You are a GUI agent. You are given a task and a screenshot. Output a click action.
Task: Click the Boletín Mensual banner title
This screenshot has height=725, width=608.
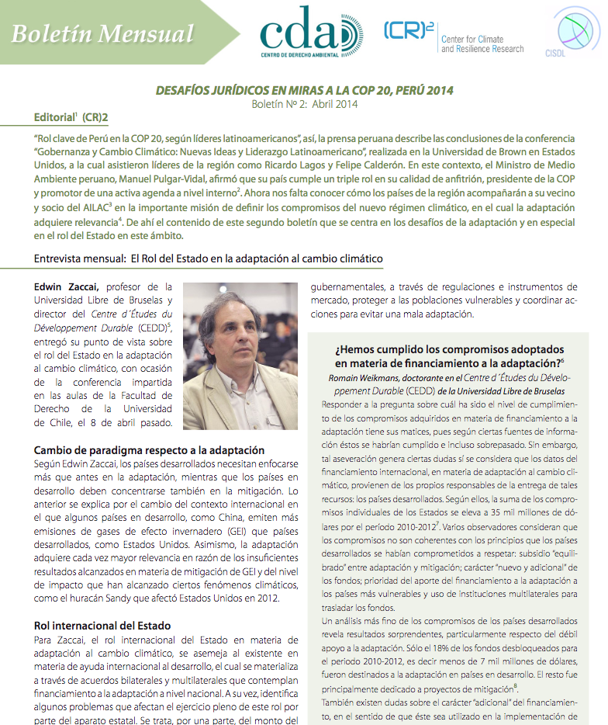102,33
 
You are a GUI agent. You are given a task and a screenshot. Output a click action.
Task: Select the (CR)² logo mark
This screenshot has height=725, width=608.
408,31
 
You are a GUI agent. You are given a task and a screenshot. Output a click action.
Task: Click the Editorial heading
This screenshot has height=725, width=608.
71,117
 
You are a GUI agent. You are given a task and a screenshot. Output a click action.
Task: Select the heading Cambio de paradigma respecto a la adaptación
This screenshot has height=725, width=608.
150,450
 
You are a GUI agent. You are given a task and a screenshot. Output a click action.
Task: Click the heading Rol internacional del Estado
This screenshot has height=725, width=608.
102,624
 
